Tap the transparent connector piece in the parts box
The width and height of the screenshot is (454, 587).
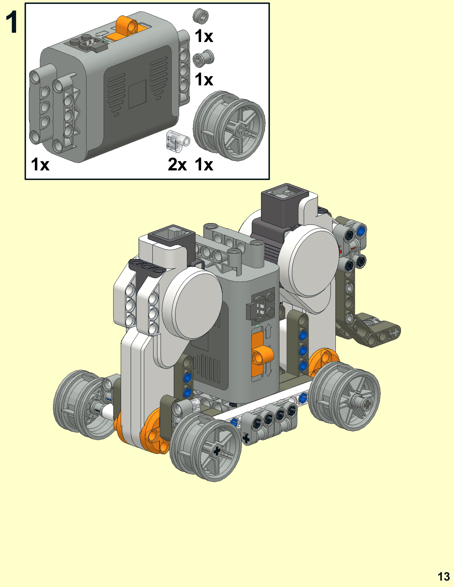coord(177,140)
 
